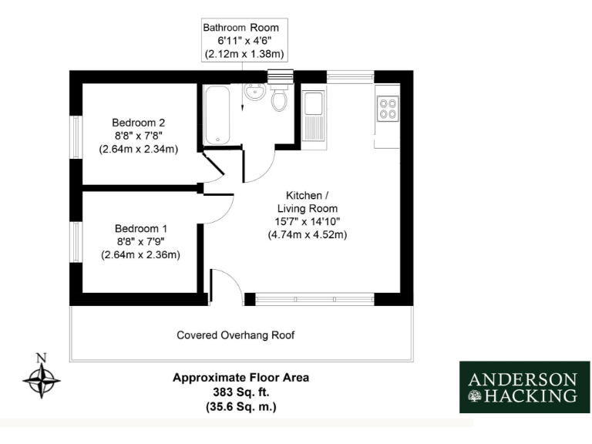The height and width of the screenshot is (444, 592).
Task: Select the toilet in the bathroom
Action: click(x=281, y=98)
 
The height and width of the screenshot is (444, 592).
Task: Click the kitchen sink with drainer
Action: click(x=314, y=116)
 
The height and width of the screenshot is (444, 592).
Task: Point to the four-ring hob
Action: click(x=387, y=109)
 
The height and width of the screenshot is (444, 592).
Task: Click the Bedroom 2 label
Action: click(x=139, y=123)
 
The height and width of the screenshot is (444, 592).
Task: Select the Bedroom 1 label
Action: click(x=140, y=229)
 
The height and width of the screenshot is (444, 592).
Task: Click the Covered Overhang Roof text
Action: click(x=236, y=335)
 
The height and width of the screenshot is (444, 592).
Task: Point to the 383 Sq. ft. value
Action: click(x=240, y=392)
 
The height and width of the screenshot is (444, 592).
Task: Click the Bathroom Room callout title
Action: click(x=241, y=27)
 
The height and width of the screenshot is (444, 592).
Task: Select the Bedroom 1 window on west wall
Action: click(x=76, y=240)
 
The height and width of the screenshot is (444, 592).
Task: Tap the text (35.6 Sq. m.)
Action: click(x=240, y=405)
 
